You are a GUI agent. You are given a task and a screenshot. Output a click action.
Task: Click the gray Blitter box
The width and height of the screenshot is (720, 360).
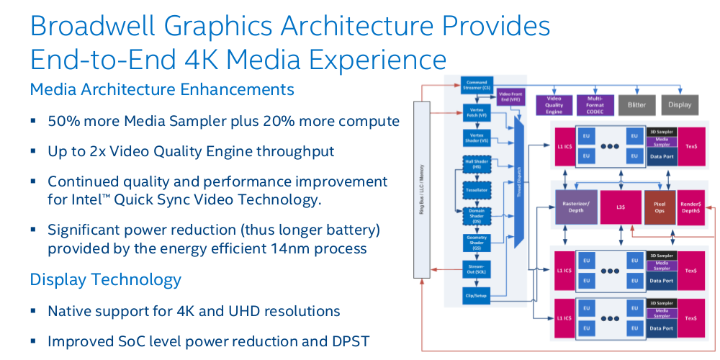tap(636, 104)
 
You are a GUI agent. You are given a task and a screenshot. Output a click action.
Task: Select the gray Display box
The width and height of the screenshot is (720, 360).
tap(679, 104)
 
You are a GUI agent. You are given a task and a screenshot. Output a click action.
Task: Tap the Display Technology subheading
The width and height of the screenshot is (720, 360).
tap(105, 279)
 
